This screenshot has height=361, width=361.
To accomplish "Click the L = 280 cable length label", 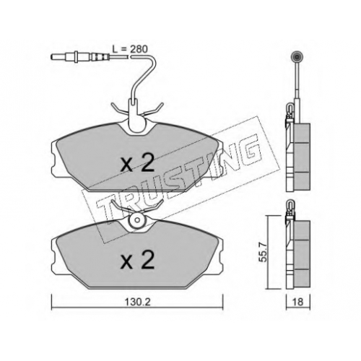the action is click(130, 49).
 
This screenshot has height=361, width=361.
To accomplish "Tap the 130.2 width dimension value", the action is click(137, 302).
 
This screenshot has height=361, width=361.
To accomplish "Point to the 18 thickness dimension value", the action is click(298, 302).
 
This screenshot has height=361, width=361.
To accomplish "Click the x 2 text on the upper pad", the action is click(137, 163).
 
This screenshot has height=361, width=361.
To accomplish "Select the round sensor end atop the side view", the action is click(297, 57).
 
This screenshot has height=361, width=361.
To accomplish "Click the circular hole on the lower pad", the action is click(137, 219).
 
